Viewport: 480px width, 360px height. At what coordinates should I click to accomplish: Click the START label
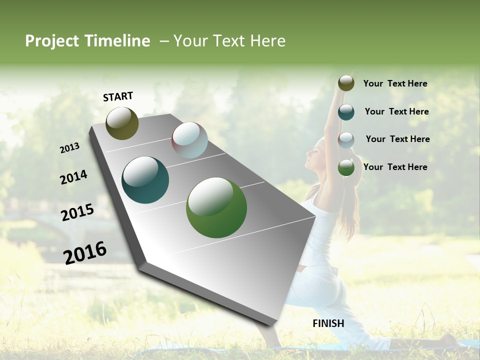[x=118, y=96]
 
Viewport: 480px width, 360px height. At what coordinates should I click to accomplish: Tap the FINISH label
[x=328, y=323]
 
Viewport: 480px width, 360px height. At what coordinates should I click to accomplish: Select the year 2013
[x=69, y=147]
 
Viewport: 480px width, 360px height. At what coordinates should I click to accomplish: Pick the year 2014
[x=73, y=177]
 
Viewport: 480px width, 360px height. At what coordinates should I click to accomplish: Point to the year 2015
[x=77, y=212]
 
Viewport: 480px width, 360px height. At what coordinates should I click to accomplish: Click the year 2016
[x=85, y=252]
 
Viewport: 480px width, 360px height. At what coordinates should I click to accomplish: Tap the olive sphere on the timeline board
[x=122, y=123]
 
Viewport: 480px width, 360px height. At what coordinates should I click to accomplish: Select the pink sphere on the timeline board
[x=189, y=140]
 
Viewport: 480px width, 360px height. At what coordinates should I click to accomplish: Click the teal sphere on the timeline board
[x=145, y=180]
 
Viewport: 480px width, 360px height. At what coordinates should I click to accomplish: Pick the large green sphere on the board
[x=216, y=207]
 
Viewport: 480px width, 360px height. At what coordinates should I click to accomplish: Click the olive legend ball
[x=346, y=83]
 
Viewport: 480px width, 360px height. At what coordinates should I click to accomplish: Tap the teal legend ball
[x=346, y=112]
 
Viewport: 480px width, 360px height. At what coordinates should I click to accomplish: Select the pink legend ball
[x=346, y=140]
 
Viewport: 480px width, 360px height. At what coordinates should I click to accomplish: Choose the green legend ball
[x=346, y=168]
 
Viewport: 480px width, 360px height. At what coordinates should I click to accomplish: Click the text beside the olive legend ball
[x=395, y=84]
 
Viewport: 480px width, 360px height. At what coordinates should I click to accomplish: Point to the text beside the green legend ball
[x=395, y=167]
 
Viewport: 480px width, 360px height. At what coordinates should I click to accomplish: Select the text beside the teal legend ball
[x=396, y=111]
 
